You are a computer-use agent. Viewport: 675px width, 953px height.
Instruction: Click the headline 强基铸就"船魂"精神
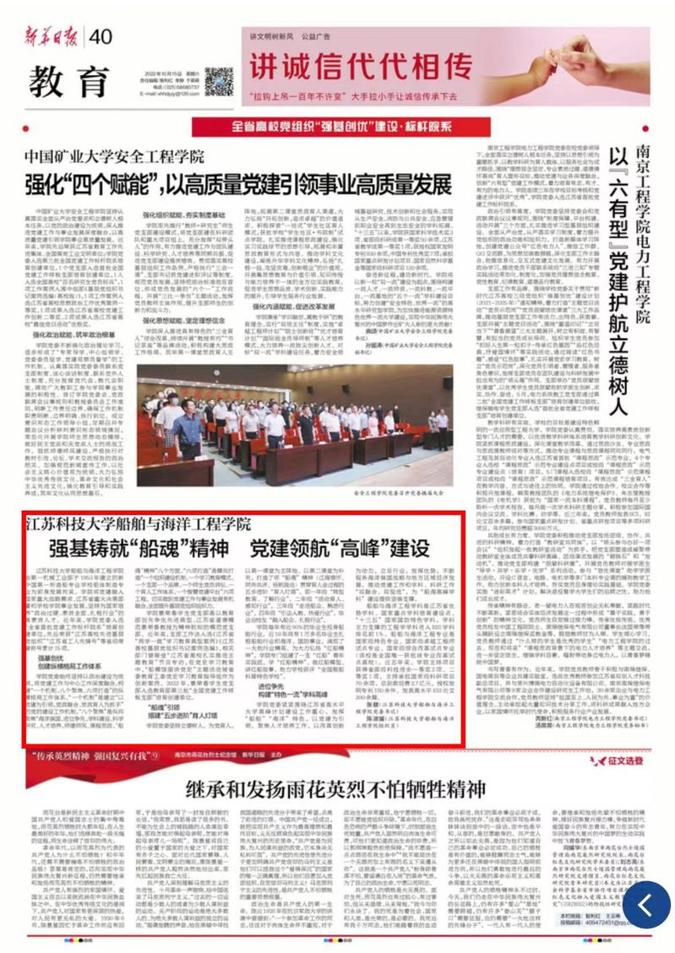pyautogui.click(x=139, y=549)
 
